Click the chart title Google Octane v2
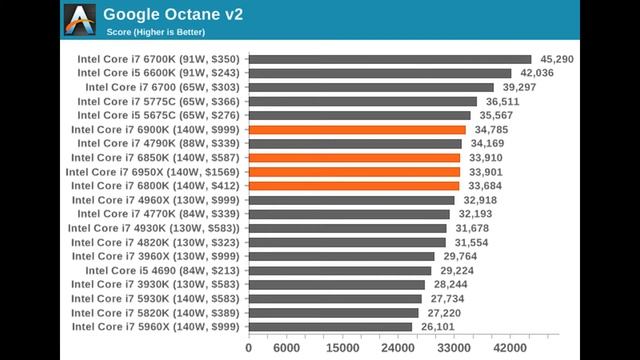pos(173,15)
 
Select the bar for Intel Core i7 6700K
pos(389,59)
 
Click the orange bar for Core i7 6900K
pos(356,129)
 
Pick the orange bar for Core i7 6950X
pos(353,171)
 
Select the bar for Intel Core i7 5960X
pos(329,327)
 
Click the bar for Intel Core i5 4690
pos(339,270)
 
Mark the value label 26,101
pos(436,327)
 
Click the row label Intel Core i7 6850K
pos(156,157)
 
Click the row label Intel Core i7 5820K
pos(157,313)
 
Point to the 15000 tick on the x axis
pos(343,347)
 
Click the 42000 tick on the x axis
pos(511,347)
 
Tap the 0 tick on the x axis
pos(248,347)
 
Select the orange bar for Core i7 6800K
pos(353,185)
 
